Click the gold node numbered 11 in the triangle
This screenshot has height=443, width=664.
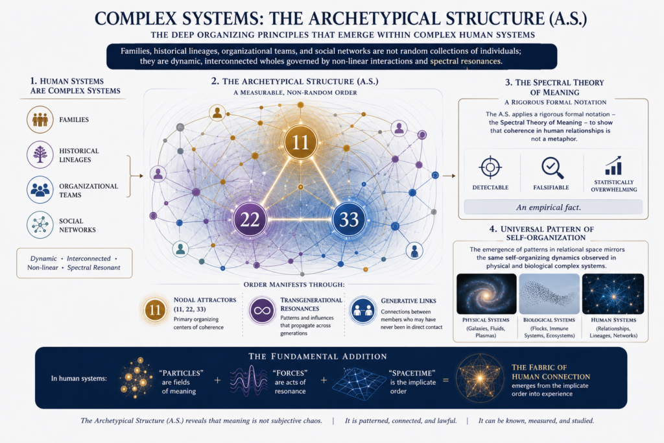pos(301,142)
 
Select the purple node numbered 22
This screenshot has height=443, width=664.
pos(250,219)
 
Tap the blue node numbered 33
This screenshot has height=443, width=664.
pos(349,219)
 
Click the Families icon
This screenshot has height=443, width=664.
pos(40,120)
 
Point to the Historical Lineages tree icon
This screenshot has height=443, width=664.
pos(40,155)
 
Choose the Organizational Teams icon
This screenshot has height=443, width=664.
pos(40,190)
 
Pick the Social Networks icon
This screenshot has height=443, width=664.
pos(40,225)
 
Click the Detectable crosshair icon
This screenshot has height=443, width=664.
pos(490,167)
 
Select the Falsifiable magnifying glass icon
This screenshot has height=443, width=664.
pos(552,168)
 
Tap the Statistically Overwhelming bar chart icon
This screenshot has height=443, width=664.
pos(613,165)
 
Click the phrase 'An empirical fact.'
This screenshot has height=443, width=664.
pos(549,208)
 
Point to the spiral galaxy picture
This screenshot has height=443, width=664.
pos(486,294)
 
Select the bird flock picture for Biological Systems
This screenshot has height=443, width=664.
pos(549,294)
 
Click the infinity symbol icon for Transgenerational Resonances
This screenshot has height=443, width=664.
pos(262,311)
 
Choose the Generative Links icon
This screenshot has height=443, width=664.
pos(363,311)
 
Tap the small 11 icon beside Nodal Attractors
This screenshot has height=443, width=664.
pos(155,311)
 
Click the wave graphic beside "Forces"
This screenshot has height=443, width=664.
pos(248,381)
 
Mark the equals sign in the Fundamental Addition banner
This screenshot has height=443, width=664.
pos(445,380)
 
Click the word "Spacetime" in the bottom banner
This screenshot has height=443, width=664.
pos(412,373)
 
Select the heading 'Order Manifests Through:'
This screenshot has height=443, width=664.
pos(294,285)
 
